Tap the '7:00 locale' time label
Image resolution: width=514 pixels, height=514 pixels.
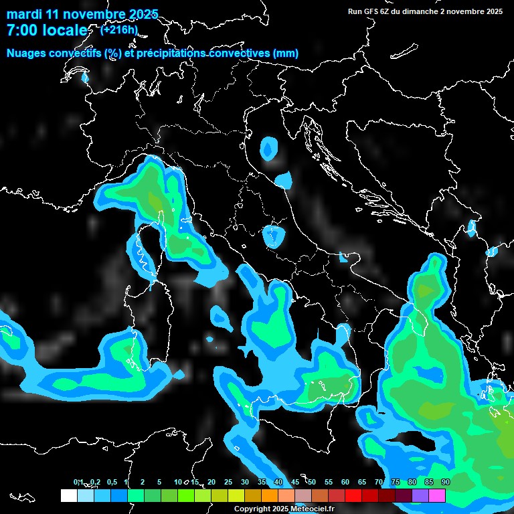click(x=47, y=30)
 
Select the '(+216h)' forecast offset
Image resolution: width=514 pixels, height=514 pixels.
click(x=119, y=29)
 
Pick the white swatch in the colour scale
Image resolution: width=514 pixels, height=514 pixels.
click(x=68, y=496)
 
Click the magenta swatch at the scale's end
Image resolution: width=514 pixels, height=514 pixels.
click(x=437, y=496)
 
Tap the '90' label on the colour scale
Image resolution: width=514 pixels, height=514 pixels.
click(x=446, y=483)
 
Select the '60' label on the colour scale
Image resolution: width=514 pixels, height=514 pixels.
click(x=345, y=483)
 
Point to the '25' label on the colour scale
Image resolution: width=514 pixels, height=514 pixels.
click(x=228, y=483)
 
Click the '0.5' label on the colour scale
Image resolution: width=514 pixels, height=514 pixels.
click(x=111, y=483)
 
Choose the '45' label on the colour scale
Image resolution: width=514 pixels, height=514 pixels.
click(x=295, y=483)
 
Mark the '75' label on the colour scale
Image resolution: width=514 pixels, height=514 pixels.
click(x=396, y=483)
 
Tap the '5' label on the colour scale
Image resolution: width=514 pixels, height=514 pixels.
click(x=159, y=483)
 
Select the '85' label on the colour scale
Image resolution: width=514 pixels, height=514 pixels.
click(x=429, y=483)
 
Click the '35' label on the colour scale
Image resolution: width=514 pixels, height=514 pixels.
click(x=262, y=483)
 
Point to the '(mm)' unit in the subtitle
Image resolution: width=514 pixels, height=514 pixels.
click(x=285, y=54)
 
